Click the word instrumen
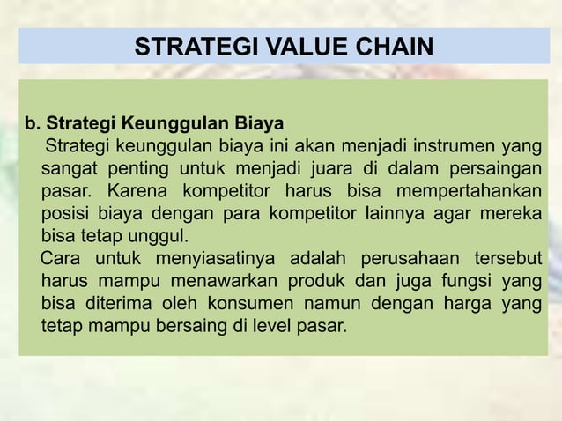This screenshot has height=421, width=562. [x=421, y=144]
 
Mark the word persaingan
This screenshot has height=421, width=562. [x=493, y=167]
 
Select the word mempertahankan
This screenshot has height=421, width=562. [x=470, y=190]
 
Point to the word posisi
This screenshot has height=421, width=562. [x=65, y=213]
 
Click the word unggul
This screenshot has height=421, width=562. [x=159, y=236]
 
